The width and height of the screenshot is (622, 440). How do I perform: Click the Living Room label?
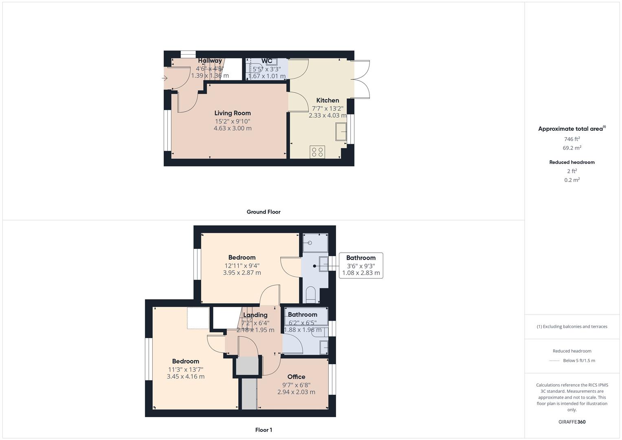point(233,113)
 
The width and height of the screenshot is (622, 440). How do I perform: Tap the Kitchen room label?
point(327,100)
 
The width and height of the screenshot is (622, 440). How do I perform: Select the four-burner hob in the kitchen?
point(317,152)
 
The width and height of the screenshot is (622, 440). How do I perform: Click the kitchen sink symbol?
point(341,132)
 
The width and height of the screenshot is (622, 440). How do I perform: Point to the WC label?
point(267,61)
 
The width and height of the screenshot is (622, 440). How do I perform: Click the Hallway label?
point(210,61)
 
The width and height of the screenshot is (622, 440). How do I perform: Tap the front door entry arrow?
point(165,78)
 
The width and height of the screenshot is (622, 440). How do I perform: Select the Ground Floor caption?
point(263,212)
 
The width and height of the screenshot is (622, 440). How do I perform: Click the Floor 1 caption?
point(263,430)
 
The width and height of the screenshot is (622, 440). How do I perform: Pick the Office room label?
point(296,377)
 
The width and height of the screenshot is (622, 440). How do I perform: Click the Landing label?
point(255,315)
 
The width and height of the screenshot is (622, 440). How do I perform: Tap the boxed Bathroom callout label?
point(360,258)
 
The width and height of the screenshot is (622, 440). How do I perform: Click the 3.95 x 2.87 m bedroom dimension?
point(242,273)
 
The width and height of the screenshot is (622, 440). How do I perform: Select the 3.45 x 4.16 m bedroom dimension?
point(185,377)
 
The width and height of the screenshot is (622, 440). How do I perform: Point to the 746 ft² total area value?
point(571,139)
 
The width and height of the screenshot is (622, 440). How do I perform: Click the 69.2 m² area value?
point(571,148)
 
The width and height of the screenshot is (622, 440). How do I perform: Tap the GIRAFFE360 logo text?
point(571,422)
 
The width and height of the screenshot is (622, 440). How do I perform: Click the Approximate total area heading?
point(571,129)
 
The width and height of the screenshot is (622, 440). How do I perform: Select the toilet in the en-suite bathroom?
point(311,294)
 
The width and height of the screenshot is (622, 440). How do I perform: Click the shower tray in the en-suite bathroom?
point(315,243)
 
